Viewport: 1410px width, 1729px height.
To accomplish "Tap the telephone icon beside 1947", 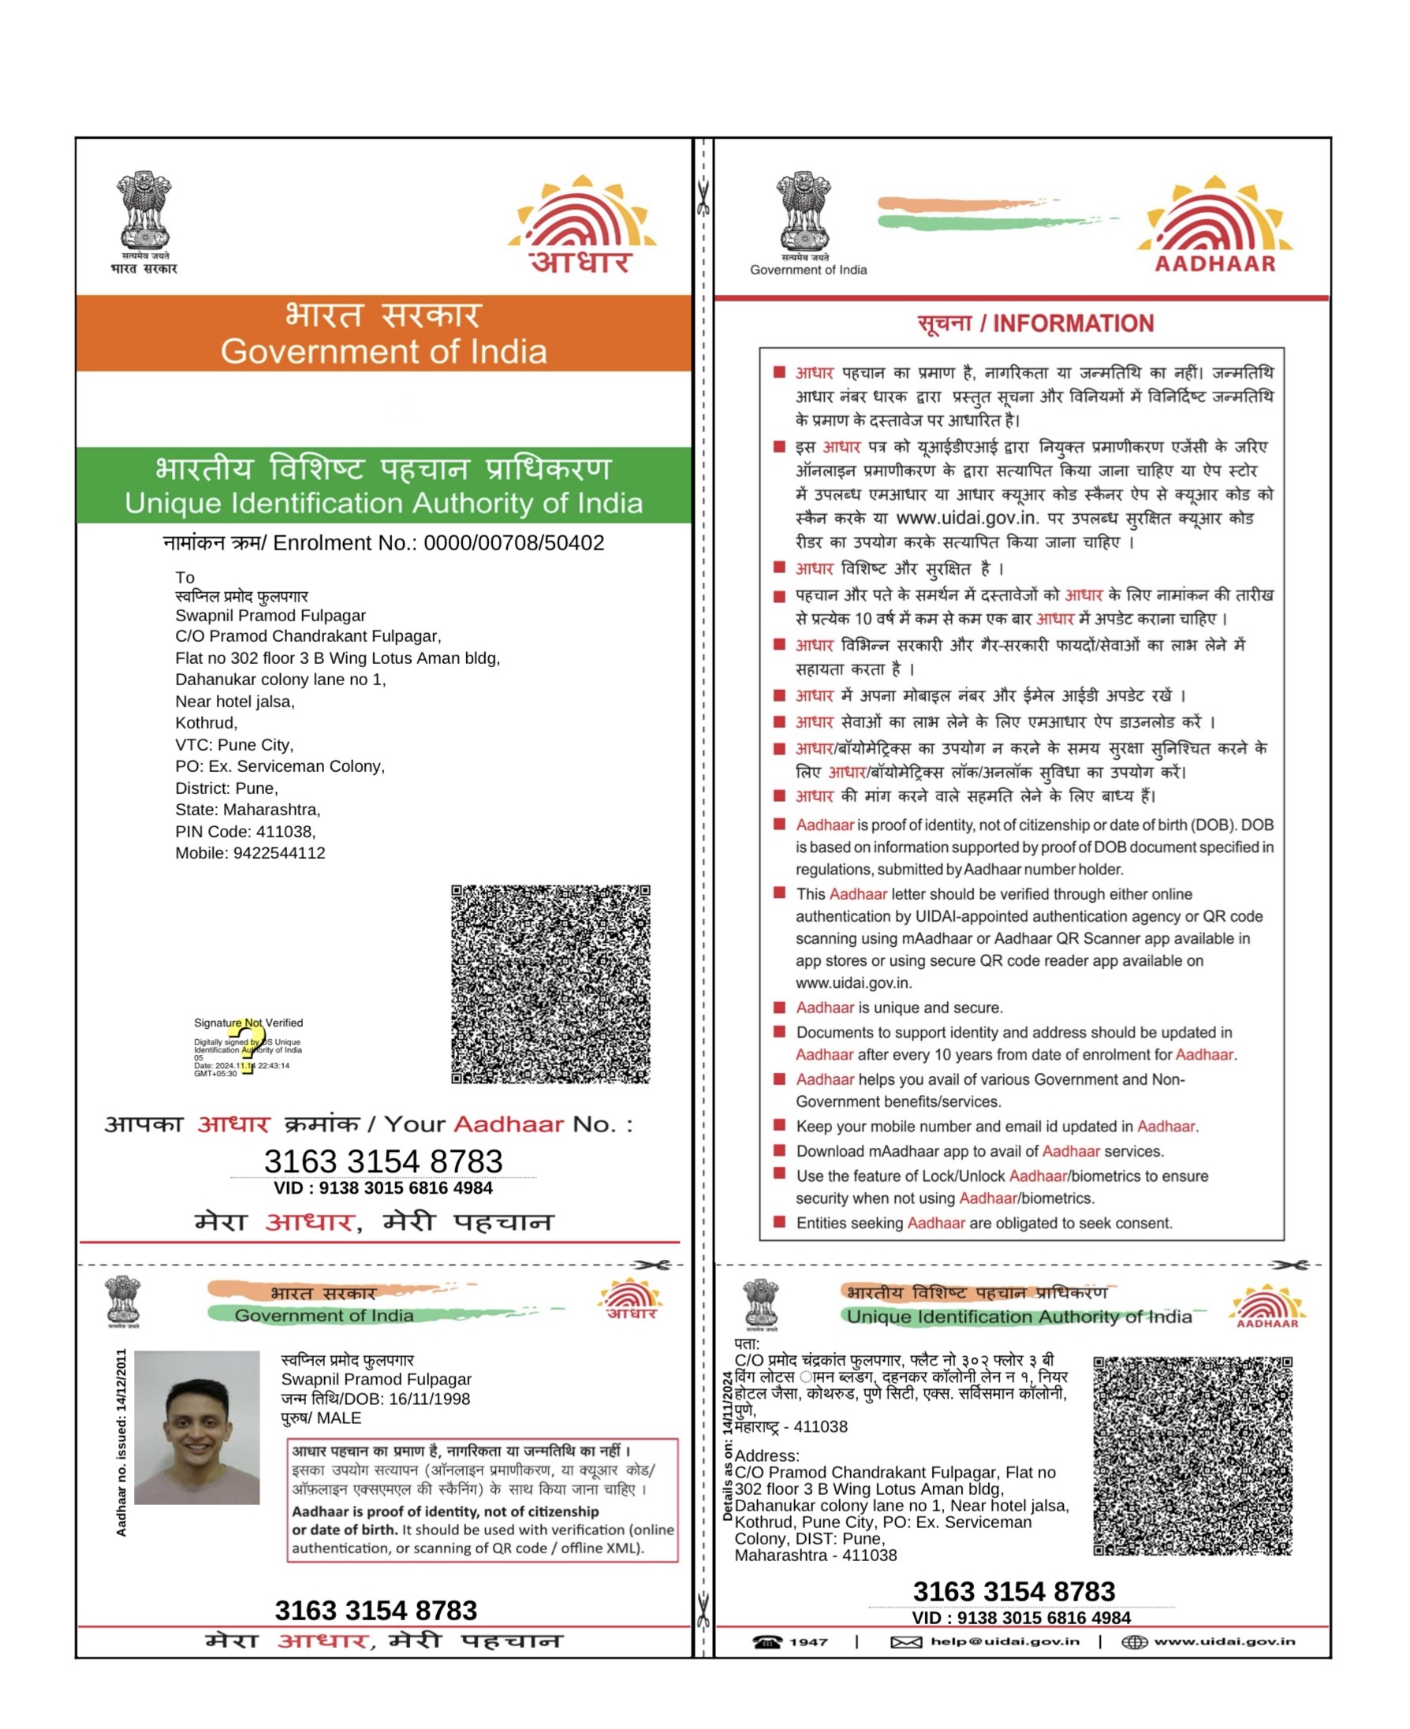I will coord(767,1641).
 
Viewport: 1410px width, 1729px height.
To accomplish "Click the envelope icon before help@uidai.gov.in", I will coord(905,1642).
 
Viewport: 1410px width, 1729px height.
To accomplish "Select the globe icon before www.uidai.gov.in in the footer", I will coord(1134,1642).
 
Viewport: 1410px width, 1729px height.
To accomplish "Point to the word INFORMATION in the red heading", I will coord(1073,324).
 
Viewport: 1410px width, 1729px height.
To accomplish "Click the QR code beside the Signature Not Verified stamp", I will coord(550,983).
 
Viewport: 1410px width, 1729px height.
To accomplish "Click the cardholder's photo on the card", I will coord(196,1427).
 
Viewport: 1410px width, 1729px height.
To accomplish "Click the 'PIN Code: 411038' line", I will coord(245,832).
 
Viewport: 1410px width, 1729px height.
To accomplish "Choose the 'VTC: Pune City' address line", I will coord(234,745).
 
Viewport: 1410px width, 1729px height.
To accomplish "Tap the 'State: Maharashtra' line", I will coord(248,810).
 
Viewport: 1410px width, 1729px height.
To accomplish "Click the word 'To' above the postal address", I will coord(185,577).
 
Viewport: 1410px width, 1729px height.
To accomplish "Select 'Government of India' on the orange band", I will coord(383,352).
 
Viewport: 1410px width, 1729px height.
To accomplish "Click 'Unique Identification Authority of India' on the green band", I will coord(383,504).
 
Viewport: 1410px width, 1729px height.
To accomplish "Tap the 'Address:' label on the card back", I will coord(767,1455).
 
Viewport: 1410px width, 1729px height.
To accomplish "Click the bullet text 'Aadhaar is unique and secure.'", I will coord(899,1008).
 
